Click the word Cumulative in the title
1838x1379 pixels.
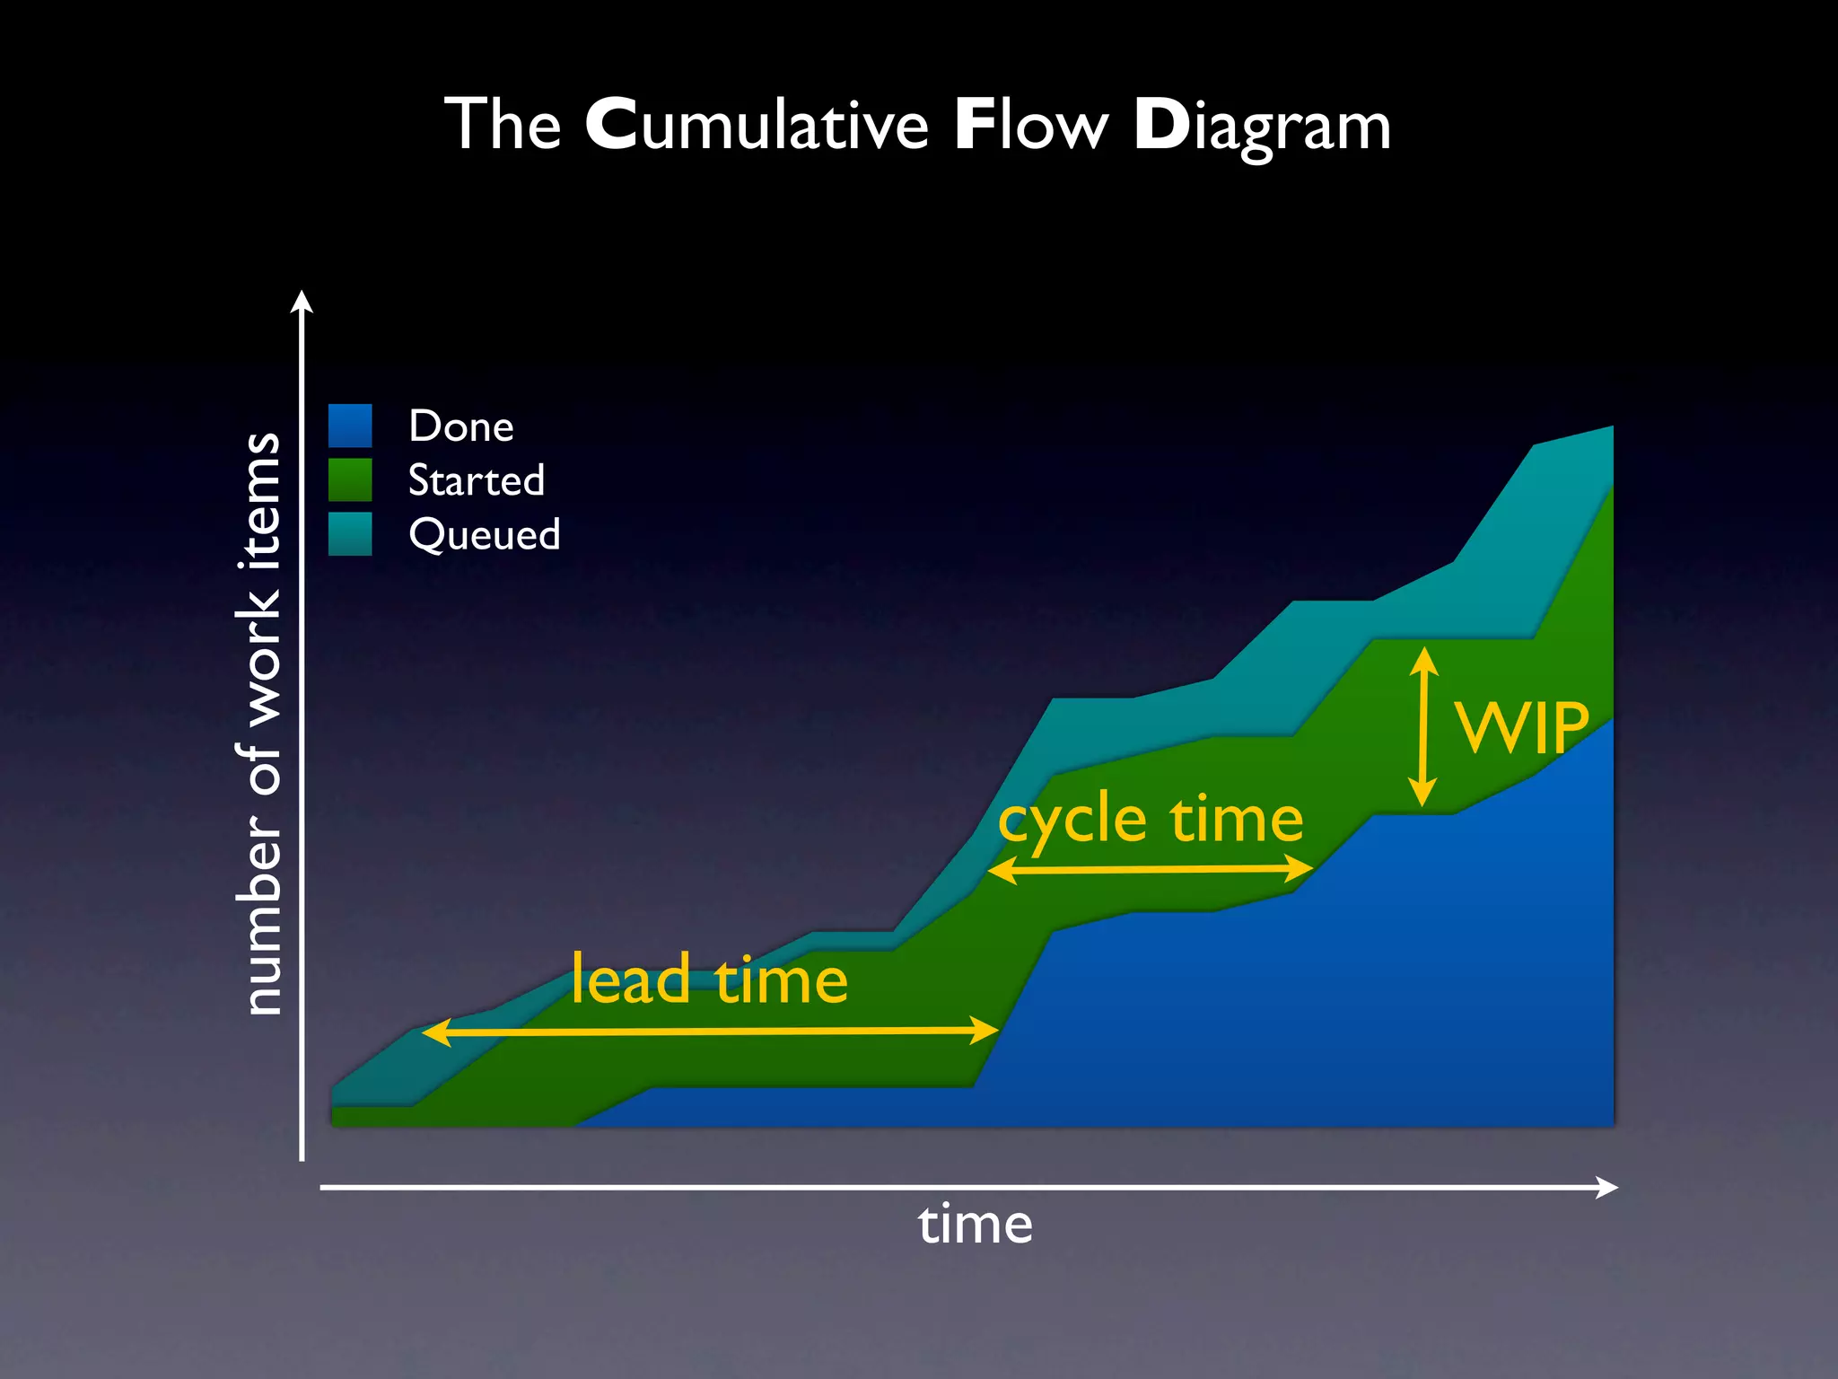tap(757, 125)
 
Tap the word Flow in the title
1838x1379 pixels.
tap(1031, 125)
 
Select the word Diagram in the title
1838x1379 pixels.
tap(1262, 127)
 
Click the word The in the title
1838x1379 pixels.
tap(503, 125)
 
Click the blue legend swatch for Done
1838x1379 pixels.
tap(350, 426)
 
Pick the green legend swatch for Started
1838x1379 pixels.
tap(350, 479)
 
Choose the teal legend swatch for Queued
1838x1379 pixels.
tap(350, 533)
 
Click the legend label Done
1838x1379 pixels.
tap(461, 426)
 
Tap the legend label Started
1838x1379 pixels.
tap(477, 480)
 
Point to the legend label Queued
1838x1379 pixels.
tap(485, 535)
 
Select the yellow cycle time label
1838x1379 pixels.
tap(1151, 821)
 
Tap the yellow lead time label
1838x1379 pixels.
tap(709, 979)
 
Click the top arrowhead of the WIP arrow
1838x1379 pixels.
tap(1423, 659)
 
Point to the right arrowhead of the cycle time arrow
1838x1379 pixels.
tap(1301, 868)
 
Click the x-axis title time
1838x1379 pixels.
tap(976, 1225)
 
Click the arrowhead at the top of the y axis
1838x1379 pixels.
tap(302, 300)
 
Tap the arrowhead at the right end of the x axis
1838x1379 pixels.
tap(1608, 1188)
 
